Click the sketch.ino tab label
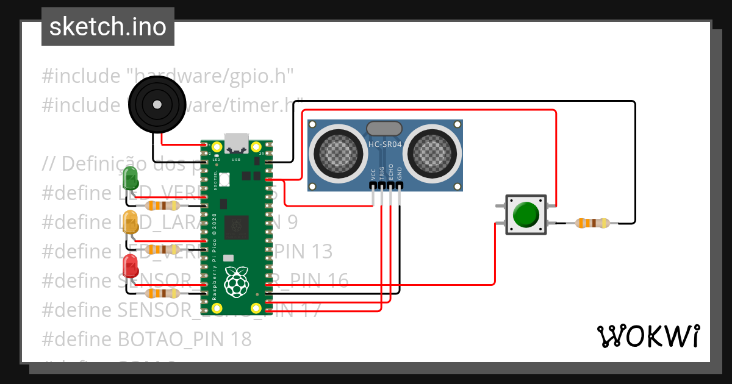[x=107, y=27]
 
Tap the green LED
[x=131, y=177]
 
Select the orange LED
[x=131, y=222]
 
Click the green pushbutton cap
[x=525, y=215]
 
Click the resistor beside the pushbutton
[x=592, y=223]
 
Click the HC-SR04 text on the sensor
[x=384, y=144]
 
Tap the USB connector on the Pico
[x=236, y=143]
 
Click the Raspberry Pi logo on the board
[x=237, y=282]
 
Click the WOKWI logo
[x=648, y=336]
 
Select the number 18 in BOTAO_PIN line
[x=240, y=338]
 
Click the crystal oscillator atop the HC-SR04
[x=384, y=128]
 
